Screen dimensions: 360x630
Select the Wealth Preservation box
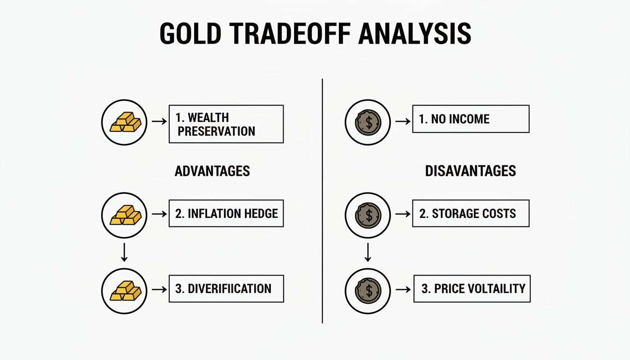226,124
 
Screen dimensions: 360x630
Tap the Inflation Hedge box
226,214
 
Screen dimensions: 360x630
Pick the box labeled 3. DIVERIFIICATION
226,288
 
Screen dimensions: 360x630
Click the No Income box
471,119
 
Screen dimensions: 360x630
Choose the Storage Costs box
471,214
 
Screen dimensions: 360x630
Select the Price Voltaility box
472,289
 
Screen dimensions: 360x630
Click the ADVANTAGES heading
212,171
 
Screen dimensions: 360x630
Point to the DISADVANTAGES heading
470,171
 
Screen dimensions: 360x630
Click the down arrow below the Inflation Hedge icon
124,252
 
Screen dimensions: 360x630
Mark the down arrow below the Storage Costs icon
368,252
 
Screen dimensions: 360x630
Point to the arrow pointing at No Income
402,121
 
